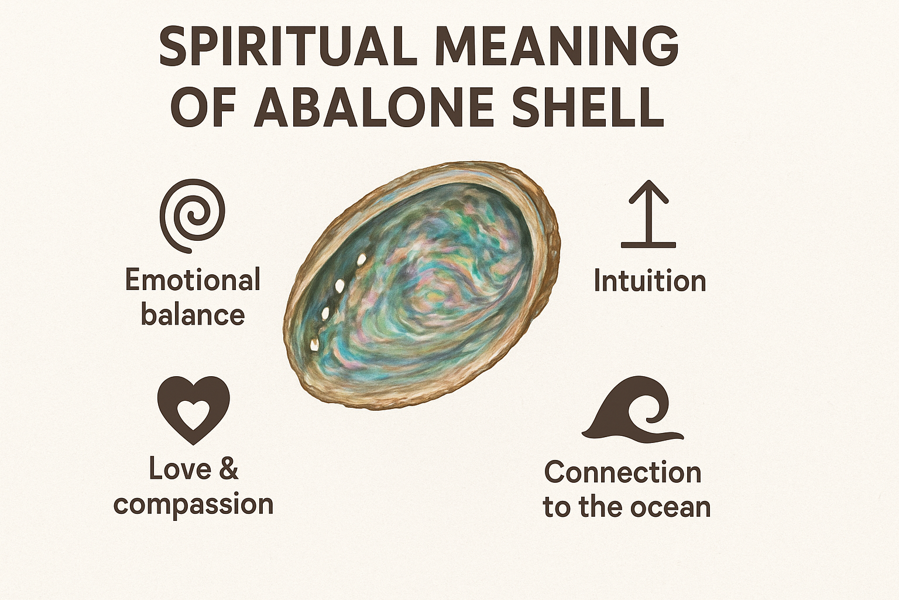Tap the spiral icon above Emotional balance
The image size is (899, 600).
193,216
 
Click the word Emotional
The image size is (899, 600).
193,280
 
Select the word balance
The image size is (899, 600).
193,315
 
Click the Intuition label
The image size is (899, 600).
650,281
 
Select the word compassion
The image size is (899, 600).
194,504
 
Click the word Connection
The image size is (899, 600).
623,472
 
